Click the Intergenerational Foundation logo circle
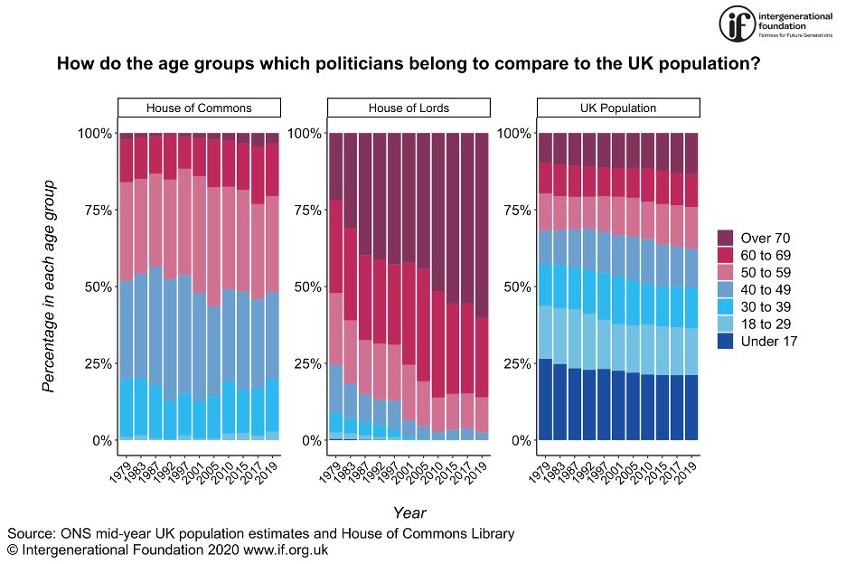[737, 23]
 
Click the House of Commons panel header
[199, 108]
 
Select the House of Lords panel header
[409, 108]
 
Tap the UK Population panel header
[618, 108]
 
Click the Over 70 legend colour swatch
[726, 238]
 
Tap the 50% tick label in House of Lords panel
[305, 287]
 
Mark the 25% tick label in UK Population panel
[514, 363]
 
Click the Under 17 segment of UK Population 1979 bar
[545, 399]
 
